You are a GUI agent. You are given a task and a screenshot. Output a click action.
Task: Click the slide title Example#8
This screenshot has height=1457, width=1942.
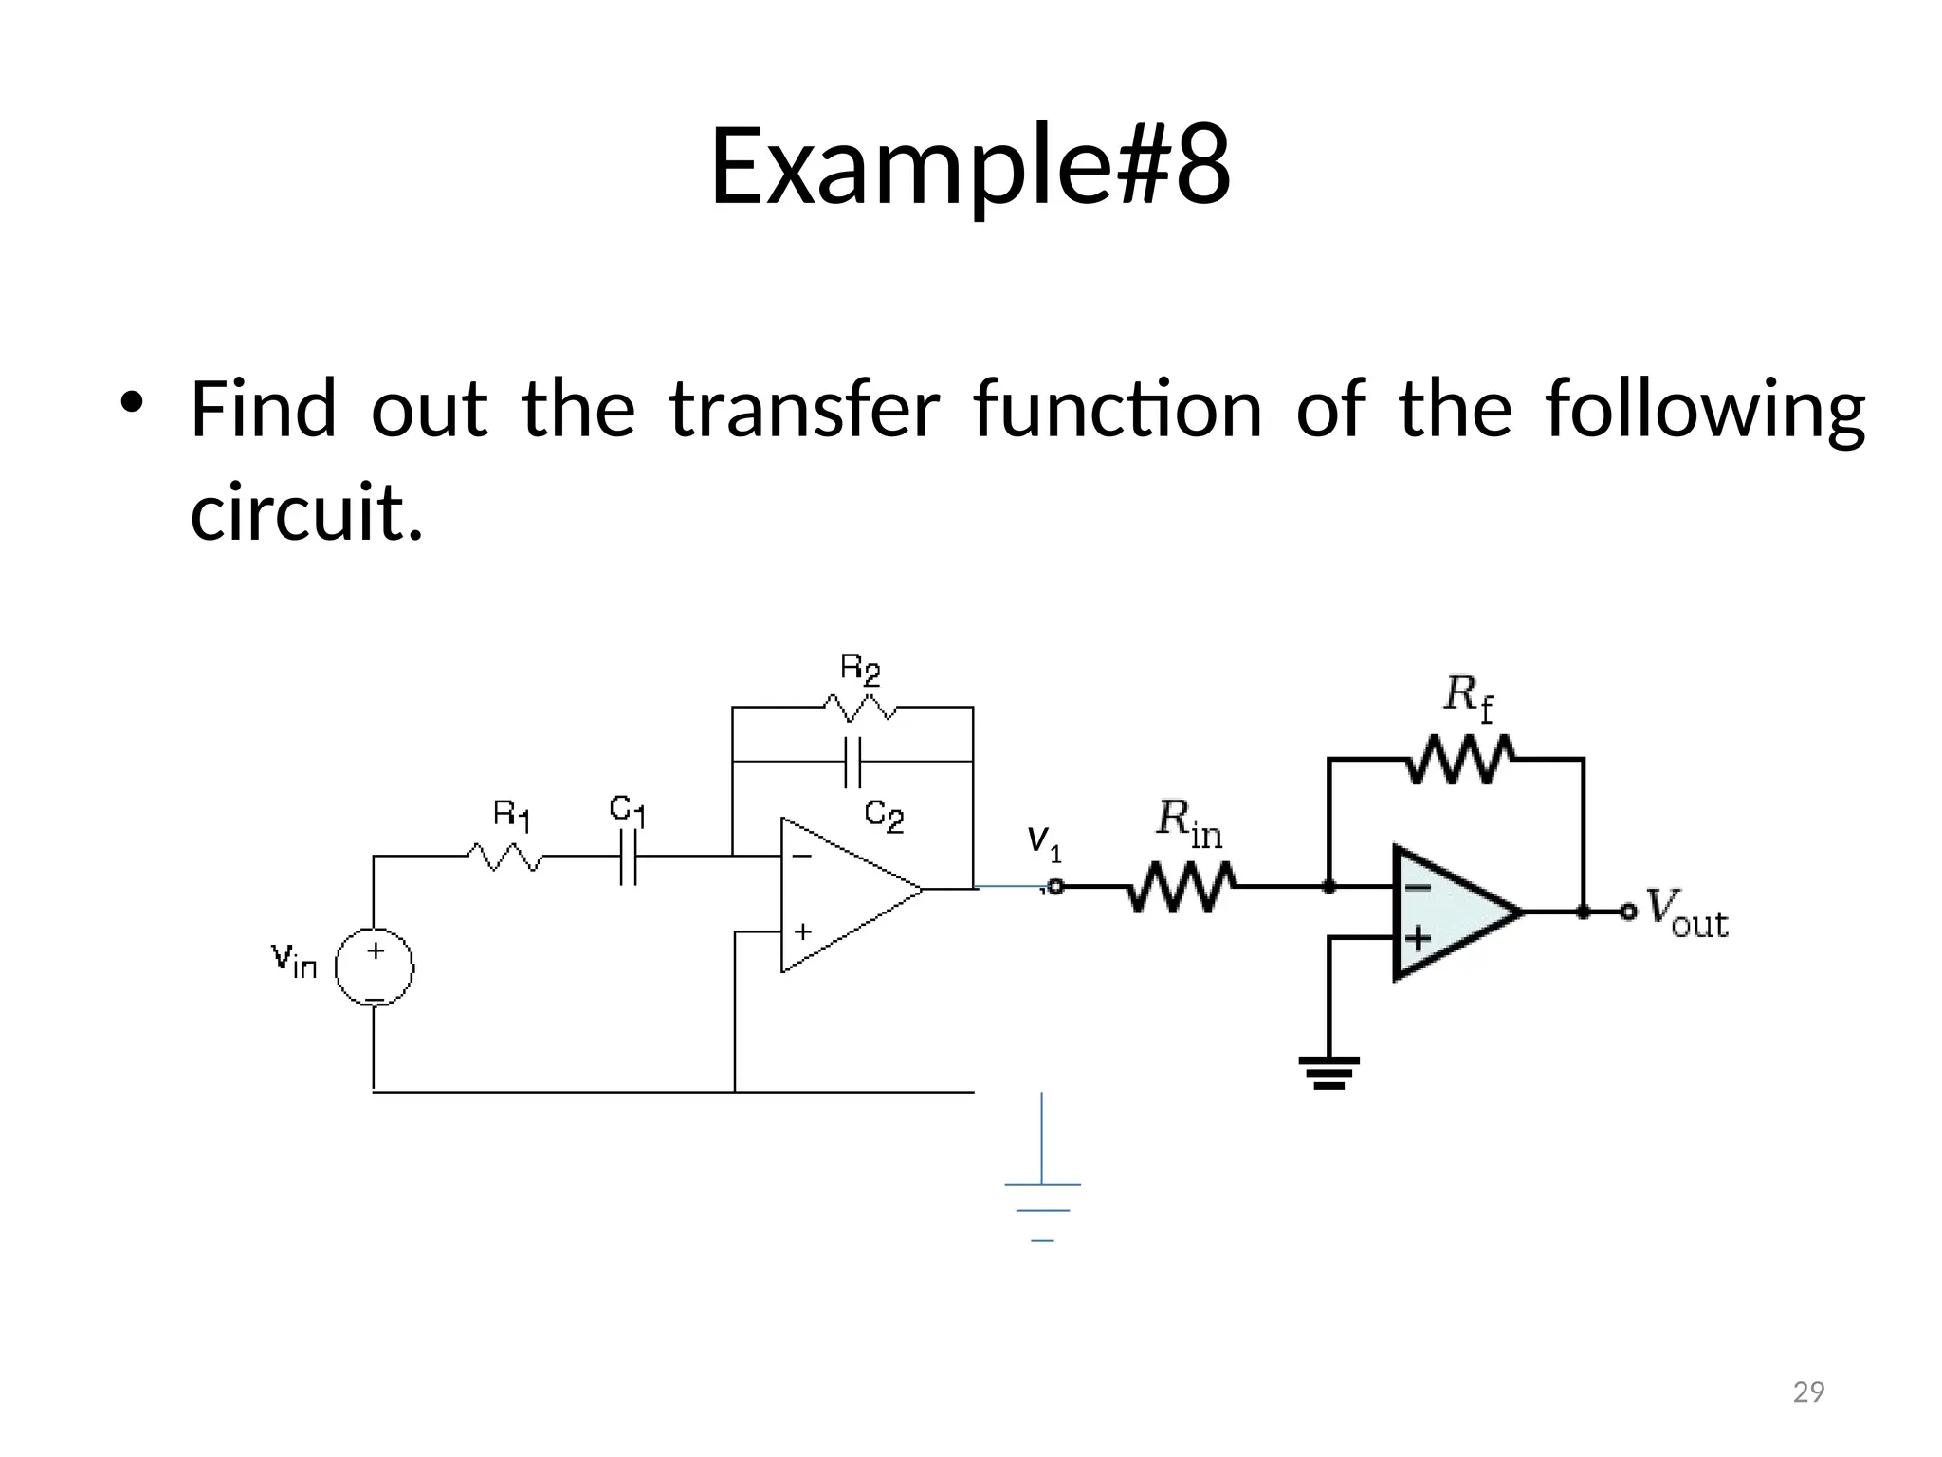[x=970, y=166]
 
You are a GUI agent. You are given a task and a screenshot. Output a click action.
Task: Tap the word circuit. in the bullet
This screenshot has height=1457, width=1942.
[x=306, y=512]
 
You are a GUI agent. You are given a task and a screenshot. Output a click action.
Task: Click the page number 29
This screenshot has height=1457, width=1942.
[x=1808, y=1392]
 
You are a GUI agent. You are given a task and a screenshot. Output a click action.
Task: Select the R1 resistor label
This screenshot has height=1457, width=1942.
[x=512, y=815]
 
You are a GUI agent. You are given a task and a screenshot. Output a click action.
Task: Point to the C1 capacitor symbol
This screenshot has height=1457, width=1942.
[x=628, y=857]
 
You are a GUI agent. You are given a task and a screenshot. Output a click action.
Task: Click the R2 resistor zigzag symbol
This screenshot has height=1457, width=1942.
[x=859, y=708]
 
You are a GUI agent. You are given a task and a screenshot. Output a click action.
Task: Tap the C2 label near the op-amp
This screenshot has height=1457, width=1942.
[x=884, y=815]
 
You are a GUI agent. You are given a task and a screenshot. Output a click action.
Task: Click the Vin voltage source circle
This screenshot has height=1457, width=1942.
[x=375, y=968]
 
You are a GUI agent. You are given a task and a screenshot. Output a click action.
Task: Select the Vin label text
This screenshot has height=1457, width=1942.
[x=294, y=959]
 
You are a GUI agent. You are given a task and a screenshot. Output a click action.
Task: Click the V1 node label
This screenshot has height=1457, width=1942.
[x=1044, y=841]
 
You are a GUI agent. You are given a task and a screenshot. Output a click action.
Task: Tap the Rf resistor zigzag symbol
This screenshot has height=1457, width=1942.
[x=1459, y=759]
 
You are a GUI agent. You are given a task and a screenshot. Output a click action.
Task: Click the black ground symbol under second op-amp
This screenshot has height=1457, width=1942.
[x=1329, y=1072]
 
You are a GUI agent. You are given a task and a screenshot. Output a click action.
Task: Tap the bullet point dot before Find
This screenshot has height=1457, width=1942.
[x=131, y=402]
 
